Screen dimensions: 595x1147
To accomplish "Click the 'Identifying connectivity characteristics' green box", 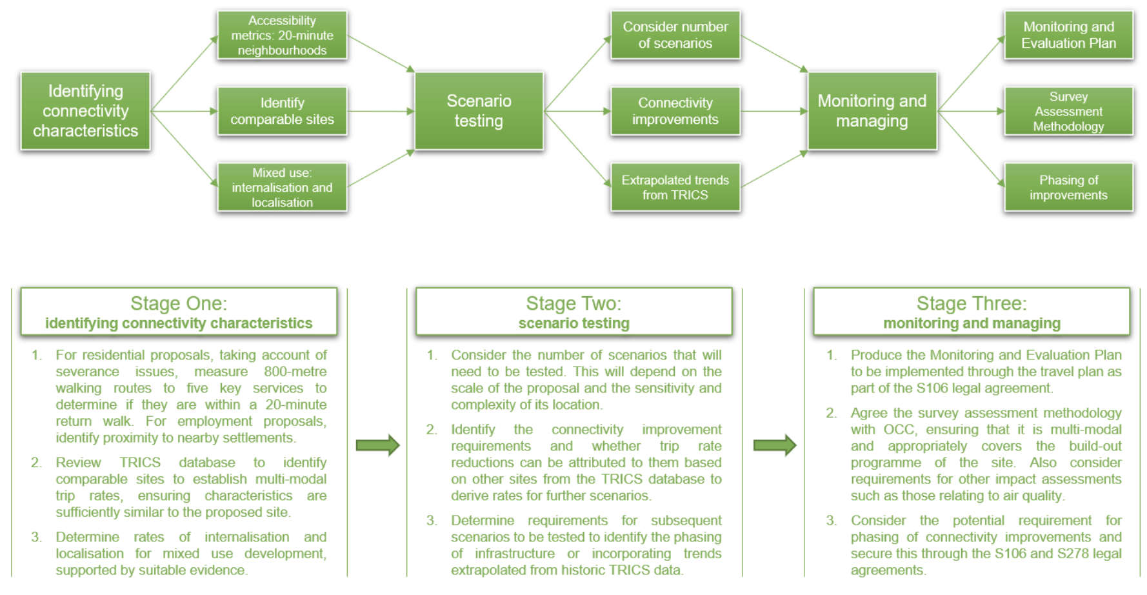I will point(85,111).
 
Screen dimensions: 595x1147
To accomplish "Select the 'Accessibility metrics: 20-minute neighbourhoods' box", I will point(282,35).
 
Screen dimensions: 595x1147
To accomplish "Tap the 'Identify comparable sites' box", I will point(282,111).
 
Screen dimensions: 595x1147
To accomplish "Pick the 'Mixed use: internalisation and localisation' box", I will point(282,187).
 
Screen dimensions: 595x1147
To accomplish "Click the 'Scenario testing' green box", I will point(479,111).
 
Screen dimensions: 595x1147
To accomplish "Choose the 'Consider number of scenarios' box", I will point(675,35).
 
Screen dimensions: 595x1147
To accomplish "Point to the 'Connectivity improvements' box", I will point(675,111).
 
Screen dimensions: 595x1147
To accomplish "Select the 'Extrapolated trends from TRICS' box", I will point(675,187).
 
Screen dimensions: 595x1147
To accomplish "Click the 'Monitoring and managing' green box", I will point(872,111).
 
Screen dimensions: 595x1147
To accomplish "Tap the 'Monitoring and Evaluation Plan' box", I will point(1068,35).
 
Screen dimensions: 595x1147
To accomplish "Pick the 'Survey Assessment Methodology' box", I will point(1068,111).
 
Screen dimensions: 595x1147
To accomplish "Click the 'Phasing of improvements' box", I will point(1068,187).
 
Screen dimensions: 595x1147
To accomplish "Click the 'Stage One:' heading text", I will point(179,303).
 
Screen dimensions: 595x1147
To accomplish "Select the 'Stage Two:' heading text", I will point(573,303).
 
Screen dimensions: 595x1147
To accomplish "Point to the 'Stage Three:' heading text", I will point(972,303).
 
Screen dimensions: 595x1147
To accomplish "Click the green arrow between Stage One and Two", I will point(378,445).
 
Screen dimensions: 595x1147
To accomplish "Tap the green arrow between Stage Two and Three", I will point(775,445).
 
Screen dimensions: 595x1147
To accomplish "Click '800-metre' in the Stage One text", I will point(295,372).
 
